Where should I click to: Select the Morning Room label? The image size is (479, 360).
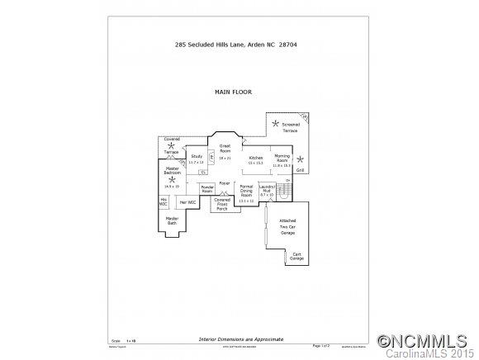tap(282, 158)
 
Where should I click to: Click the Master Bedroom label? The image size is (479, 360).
tap(172, 171)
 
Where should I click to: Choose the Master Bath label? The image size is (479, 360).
tap(172, 220)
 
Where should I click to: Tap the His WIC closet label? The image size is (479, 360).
tap(164, 201)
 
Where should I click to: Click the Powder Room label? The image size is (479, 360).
tap(207, 189)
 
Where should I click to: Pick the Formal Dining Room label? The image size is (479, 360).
tap(246, 193)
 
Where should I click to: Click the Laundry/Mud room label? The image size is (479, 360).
tap(266, 189)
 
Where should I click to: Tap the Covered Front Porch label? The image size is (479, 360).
tap(222, 203)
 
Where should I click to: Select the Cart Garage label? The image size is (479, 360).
tap(296, 257)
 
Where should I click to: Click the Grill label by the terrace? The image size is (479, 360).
tap(300, 170)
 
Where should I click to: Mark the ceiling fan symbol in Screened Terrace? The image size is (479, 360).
tap(276, 124)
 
